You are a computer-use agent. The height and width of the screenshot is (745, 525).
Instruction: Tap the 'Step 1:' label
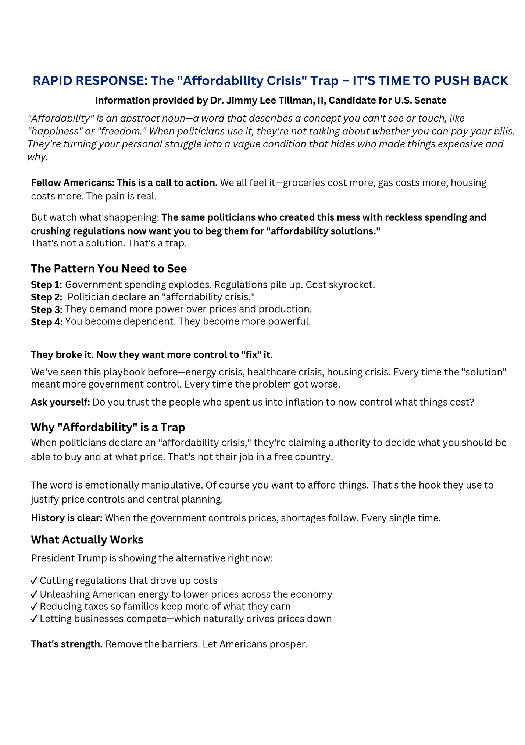pos(46,285)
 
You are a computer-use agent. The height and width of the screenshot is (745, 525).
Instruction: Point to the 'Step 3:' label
pos(46,309)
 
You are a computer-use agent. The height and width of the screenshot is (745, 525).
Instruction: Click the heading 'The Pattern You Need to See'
pos(109,269)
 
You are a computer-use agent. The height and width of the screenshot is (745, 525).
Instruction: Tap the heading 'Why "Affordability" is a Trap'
pos(108,427)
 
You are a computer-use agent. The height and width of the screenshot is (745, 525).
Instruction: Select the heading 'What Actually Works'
pos(87,540)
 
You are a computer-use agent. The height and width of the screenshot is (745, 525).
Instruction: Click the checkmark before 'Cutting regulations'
pos(34,581)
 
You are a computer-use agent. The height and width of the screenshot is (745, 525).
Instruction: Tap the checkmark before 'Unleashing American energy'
pos(34,594)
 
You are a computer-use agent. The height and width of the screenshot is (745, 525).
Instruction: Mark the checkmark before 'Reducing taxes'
pos(34,607)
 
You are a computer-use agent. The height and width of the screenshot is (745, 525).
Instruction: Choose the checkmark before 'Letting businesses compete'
pos(34,619)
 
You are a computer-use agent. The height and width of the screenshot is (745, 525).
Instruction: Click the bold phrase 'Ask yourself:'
pos(60,402)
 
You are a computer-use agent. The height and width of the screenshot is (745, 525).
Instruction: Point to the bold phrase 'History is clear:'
pos(67,518)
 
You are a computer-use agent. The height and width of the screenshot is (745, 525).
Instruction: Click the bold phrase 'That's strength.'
pos(67,644)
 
